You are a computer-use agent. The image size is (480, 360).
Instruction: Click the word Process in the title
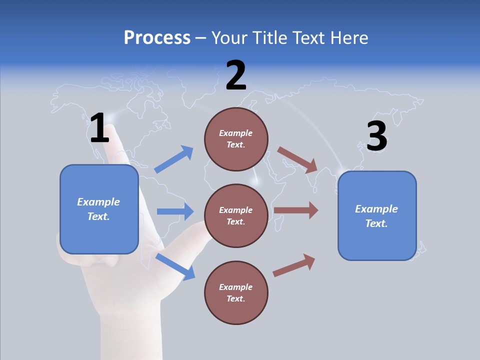[157, 38]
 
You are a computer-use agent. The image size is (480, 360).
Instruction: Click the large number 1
[99, 129]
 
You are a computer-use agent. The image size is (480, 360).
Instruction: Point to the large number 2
[236, 76]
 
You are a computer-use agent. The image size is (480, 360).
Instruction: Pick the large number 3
[376, 136]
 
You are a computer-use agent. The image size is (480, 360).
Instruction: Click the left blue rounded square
[99, 209]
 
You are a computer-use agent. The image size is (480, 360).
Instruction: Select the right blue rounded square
[377, 216]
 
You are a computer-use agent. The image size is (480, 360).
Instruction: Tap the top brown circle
[236, 139]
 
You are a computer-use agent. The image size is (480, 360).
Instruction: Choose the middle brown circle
[236, 216]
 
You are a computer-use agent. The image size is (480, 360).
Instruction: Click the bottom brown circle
[236, 293]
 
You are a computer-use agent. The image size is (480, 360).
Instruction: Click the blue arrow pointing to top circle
[174, 159]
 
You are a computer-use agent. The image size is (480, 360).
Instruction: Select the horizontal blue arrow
[175, 211]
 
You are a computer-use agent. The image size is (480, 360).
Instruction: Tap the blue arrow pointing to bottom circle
[175, 266]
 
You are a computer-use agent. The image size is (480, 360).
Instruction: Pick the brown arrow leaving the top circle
[297, 159]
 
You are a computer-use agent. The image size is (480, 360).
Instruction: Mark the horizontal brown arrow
[295, 210]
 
